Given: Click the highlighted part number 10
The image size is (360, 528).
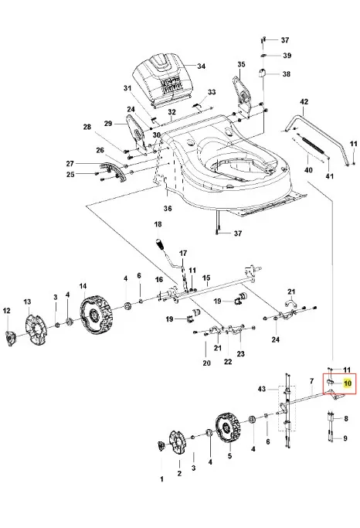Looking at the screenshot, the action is click(348, 383).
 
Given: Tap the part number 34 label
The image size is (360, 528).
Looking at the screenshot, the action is click(201, 66).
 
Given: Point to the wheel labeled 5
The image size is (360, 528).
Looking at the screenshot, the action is click(228, 428).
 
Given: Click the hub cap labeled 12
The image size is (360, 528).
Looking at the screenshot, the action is click(10, 337).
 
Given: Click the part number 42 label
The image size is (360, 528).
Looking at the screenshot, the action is click(304, 101).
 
